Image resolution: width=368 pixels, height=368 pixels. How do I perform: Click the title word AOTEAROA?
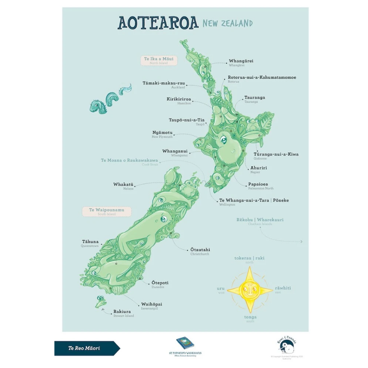158,23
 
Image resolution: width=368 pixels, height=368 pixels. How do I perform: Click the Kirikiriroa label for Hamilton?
179,100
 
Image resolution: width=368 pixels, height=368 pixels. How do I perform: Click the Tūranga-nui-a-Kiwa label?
276,154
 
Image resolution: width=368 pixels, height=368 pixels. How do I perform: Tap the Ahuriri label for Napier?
258,169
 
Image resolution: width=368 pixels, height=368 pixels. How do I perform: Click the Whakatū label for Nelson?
123,184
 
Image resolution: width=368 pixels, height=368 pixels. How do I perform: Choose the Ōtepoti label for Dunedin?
160,283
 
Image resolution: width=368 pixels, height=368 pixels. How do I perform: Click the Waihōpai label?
151,305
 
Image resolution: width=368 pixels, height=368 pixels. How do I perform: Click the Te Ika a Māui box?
159,60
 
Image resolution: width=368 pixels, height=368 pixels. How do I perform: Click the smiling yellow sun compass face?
250,290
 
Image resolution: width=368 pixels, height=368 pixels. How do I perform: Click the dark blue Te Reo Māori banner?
85,348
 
